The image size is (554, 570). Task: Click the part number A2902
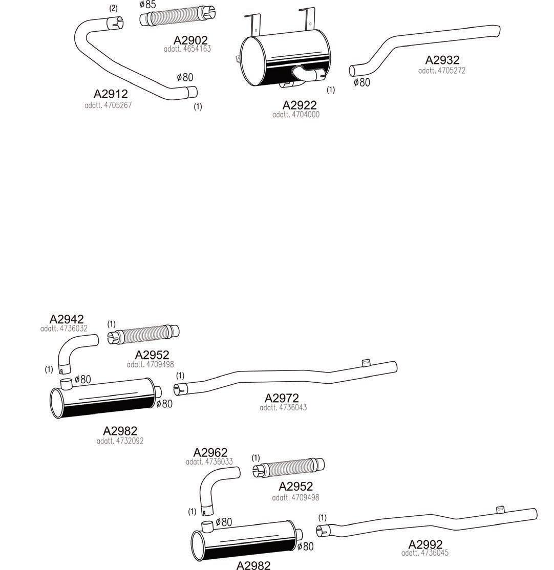pos(190,40)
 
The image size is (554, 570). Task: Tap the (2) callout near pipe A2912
pos(113,8)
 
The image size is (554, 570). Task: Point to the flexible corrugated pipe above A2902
pos(178,19)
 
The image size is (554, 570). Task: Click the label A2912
pos(111,94)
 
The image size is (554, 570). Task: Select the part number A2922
pos(300,105)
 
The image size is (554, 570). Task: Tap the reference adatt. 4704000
pos(296,115)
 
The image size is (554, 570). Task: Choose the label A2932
pos(442,60)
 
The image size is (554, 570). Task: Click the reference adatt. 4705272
pos(442,71)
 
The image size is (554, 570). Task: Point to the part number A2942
pos(67,320)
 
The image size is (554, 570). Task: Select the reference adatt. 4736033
pos(209,462)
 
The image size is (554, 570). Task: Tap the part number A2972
pos(282,398)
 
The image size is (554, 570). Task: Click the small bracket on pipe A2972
pos(365,363)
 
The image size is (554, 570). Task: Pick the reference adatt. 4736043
pos(283,408)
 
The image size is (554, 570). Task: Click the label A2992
pos(425,544)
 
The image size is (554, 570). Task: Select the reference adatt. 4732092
pos(120,441)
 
